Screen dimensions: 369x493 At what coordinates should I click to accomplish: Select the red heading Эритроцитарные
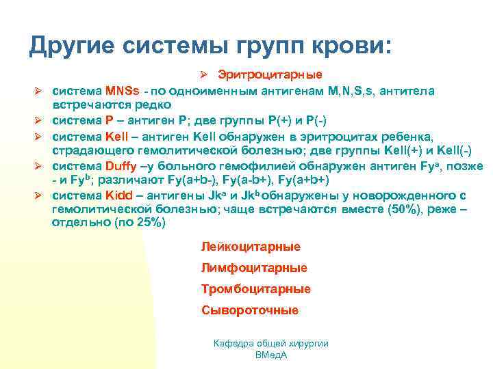pyautogui.click(x=270, y=74)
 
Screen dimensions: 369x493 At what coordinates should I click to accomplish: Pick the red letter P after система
pyautogui.click(x=109, y=120)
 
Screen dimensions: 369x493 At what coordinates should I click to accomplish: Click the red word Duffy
pyautogui.click(x=122, y=166)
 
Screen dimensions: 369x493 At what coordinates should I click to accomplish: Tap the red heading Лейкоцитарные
pyautogui.click(x=251, y=246)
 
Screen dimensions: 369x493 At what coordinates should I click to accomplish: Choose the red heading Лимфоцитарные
pyautogui.click(x=254, y=268)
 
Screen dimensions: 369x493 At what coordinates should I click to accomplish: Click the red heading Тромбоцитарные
pyautogui.click(x=256, y=289)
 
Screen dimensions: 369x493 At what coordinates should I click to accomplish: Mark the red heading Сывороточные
pyautogui.click(x=250, y=310)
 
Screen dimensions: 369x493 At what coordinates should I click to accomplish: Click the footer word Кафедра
pyautogui.click(x=233, y=343)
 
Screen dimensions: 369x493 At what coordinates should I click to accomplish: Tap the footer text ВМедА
pyautogui.click(x=270, y=355)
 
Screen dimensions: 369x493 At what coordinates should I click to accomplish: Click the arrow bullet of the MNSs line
pyautogui.click(x=40, y=91)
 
